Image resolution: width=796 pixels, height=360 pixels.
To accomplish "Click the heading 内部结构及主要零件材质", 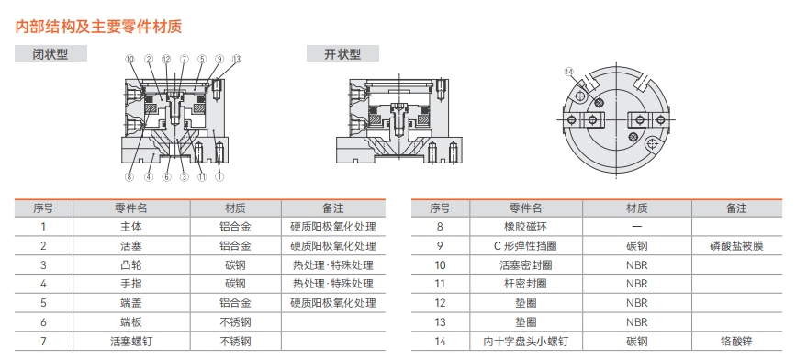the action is [x=98, y=27].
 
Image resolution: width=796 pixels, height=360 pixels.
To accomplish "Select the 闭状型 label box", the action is [x=50, y=53].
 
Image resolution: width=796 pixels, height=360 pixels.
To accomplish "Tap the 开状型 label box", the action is [x=342, y=53].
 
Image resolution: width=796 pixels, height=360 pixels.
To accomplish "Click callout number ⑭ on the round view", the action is [x=568, y=73].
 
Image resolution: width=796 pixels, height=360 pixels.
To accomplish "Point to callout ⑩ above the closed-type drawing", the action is [x=130, y=59].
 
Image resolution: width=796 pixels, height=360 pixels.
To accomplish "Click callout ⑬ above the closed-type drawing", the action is [x=236, y=59].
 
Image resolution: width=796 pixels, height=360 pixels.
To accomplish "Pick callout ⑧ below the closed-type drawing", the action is [x=130, y=177].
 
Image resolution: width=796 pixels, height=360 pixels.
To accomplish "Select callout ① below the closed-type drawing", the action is [x=219, y=177].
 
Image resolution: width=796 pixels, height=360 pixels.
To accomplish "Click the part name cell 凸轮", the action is [x=131, y=264].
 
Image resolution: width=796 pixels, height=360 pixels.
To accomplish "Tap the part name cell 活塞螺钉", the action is [x=131, y=342].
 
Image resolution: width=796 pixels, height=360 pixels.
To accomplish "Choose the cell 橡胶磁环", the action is [x=525, y=227].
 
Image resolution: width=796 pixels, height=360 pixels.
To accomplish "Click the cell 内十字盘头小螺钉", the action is [x=525, y=342].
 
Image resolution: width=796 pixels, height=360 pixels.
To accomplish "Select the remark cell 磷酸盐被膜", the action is [x=736, y=246].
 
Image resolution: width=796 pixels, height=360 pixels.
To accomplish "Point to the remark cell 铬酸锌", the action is [x=736, y=342].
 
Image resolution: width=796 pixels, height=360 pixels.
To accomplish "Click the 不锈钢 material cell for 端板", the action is [x=236, y=322].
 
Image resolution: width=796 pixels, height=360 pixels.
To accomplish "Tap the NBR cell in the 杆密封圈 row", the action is [x=636, y=284].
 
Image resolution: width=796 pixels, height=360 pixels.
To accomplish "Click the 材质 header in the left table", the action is [x=236, y=208].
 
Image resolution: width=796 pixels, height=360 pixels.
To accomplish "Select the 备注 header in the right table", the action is [x=736, y=208].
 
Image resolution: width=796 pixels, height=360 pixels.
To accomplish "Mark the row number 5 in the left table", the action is [x=44, y=303].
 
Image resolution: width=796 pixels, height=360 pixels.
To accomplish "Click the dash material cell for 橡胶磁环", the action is [x=636, y=227].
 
